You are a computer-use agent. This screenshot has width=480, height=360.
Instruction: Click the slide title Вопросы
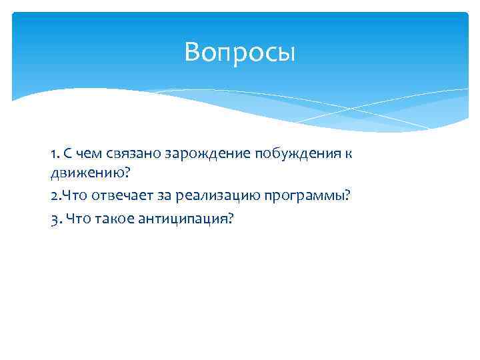(x=239, y=52)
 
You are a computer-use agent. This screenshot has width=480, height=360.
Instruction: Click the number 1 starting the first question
(x=53, y=154)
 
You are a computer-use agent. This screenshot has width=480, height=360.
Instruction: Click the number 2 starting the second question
(x=53, y=196)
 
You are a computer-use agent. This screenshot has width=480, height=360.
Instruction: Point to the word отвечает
(x=114, y=196)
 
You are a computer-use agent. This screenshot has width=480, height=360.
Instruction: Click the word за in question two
(x=153, y=196)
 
